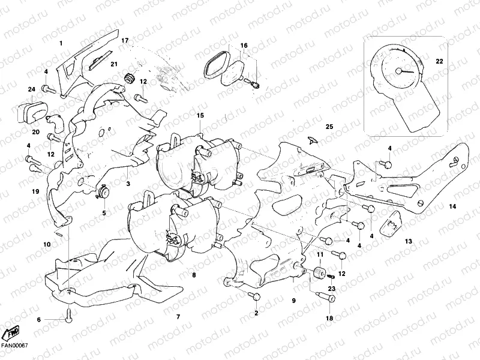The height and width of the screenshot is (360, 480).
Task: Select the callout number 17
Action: [x=125, y=40]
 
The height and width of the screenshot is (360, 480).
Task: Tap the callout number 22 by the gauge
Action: [x=439, y=61]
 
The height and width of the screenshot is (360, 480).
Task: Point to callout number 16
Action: [x=244, y=46]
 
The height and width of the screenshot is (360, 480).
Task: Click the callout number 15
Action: [x=200, y=115]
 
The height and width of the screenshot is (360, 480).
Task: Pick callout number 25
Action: [x=328, y=127]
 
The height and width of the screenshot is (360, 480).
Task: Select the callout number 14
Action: [x=452, y=206]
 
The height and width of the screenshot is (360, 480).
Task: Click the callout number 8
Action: [x=194, y=275]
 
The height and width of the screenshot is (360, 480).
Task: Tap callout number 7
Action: [x=177, y=316]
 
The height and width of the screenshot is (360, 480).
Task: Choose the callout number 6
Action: [x=39, y=320]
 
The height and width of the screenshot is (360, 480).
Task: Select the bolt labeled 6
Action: [x=69, y=314]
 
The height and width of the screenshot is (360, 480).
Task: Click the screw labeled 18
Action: [x=329, y=298]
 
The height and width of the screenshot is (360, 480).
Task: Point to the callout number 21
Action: [x=114, y=64]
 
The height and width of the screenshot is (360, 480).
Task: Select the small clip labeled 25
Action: [x=311, y=140]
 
